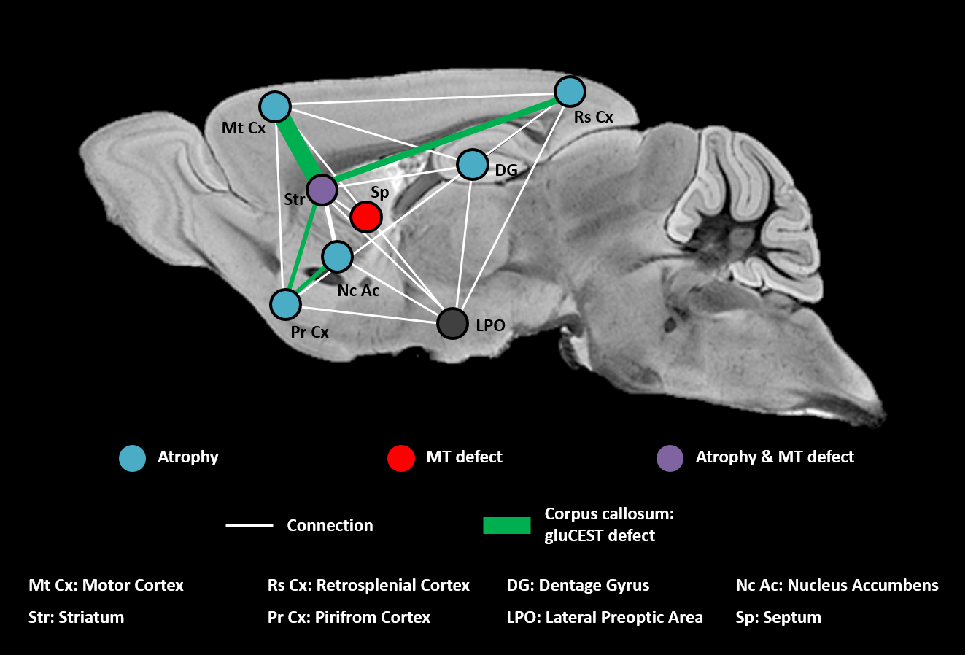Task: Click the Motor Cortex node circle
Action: pos(275,108)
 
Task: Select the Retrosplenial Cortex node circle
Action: pos(570,92)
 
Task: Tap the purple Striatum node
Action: pos(321,190)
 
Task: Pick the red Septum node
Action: pos(365,217)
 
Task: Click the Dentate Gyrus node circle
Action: pos(472,165)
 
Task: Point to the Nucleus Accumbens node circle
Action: pos(337,257)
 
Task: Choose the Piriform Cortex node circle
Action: pos(285,304)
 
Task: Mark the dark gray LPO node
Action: pos(452,323)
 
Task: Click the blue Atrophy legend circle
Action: pos(133,458)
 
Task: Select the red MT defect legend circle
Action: pos(401,458)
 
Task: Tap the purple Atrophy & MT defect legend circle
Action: pos(670,458)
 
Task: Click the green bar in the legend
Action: pos(506,525)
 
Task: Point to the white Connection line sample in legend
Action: pos(249,525)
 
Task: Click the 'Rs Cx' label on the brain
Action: pos(593,117)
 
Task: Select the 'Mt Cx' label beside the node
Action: pos(244,128)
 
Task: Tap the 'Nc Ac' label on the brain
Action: pos(358,290)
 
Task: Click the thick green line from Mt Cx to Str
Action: pos(298,148)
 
